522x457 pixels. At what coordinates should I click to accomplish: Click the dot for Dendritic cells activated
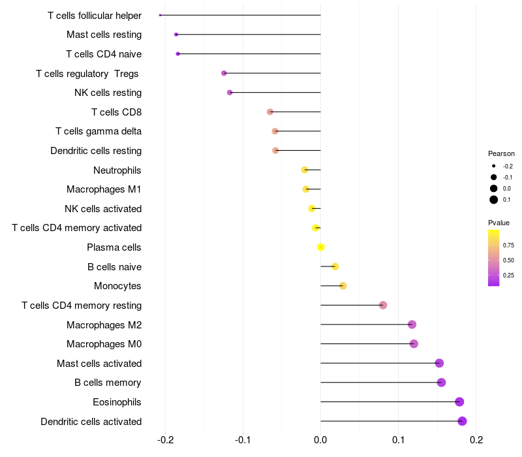[x=462, y=421]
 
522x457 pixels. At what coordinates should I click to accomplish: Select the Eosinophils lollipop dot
[x=459, y=402]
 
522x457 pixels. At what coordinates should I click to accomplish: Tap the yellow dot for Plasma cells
[x=321, y=247]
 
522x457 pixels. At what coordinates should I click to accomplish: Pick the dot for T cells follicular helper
[x=160, y=15]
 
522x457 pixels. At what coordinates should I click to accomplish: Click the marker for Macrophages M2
[x=412, y=324]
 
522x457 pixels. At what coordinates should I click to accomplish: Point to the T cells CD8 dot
[x=270, y=112]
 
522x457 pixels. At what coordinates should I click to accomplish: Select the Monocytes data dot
[x=343, y=286]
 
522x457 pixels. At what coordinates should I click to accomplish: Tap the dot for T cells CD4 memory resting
[x=383, y=305]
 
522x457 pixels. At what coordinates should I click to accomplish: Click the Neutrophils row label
[x=117, y=170]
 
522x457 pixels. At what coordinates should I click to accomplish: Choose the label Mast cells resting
[x=104, y=35]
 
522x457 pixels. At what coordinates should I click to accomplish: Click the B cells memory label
[x=108, y=383]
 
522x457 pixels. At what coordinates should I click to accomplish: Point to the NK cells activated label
[x=103, y=209]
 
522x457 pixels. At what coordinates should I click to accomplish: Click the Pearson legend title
[x=501, y=153]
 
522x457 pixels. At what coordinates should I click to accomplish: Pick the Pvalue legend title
[x=499, y=223]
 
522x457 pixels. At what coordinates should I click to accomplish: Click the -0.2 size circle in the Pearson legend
[x=494, y=166]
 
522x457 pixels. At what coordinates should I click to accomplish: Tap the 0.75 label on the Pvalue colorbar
[x=508, y=245]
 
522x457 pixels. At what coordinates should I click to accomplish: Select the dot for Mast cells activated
[x=439, y=363]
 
